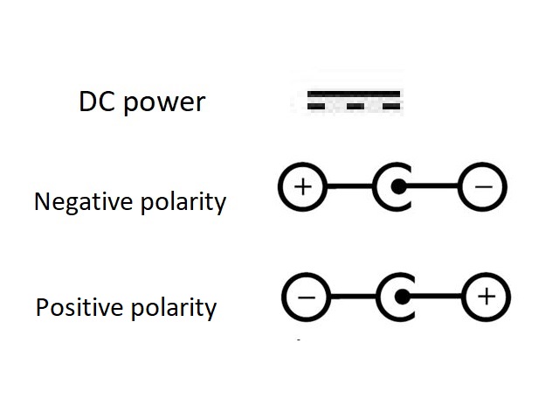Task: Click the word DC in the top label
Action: click(x=97, y=101)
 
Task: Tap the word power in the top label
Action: click(x=164, y=103)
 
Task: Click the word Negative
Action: click(x=80, y=202)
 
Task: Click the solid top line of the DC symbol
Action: click(x=354, y=93)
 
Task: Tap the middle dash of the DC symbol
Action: click(x=355, y=106)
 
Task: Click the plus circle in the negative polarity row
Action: click(x=302, y=186)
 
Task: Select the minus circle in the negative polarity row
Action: click(x=483, y=186)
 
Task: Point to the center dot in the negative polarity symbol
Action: click(x=397, y=186)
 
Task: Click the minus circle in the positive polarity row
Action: click(x=306, y=297)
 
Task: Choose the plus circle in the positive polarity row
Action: click(x=487, y=297)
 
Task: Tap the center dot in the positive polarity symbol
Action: click(x=401, y=297)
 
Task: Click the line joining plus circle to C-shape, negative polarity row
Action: click(x=349, y=186)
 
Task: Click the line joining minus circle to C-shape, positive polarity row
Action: click(x=353, y=297)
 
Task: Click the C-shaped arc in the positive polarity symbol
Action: click(x=384, y=297)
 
